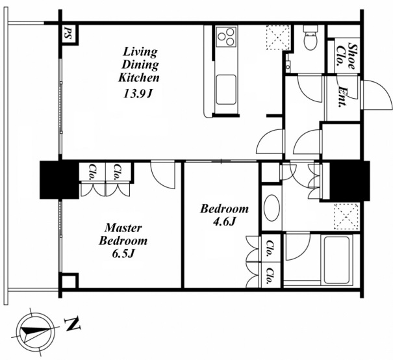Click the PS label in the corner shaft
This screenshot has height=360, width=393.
67,33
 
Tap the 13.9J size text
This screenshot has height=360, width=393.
138,94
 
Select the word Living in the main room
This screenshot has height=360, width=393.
140,52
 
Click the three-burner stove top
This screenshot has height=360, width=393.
227,36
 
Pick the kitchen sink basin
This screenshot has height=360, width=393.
226,90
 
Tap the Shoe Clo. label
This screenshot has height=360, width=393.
346,57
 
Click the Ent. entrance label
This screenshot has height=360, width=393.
342,97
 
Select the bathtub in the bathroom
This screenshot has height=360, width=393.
336,260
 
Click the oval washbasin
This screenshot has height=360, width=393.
272,208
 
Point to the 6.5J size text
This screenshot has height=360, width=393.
123,253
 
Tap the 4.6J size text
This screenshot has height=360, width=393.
224,222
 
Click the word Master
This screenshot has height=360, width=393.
123,228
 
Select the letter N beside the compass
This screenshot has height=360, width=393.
73,324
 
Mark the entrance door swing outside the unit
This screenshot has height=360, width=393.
377,95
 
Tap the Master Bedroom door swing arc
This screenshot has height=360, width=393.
162,175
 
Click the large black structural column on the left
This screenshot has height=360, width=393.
59,180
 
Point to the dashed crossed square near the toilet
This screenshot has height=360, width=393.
278,37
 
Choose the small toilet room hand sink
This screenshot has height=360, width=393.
288,65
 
